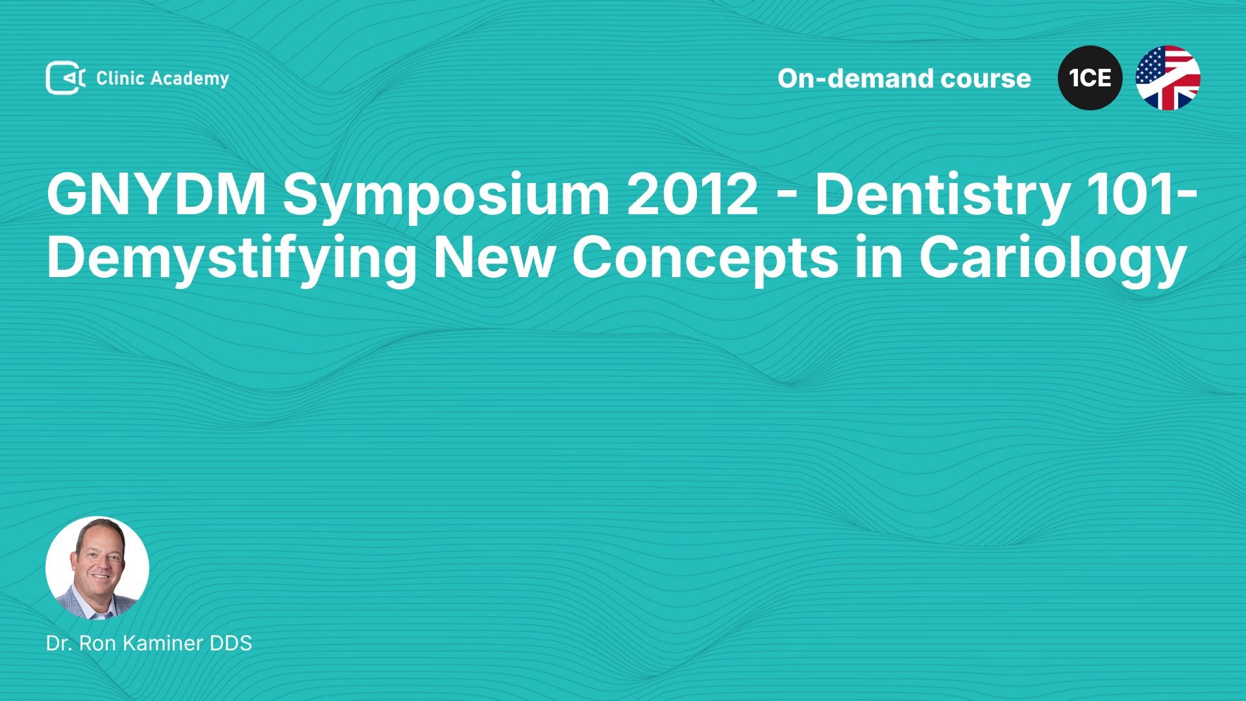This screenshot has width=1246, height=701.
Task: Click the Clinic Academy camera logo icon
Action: (x=66, y=78)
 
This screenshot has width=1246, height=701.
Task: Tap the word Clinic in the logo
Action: (x=120, y=78)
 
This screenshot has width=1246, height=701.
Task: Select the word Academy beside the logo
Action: (x=190, y=79)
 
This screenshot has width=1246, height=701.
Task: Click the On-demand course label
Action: (x=904, y=79)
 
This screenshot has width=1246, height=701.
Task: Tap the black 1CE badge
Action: (x=1090, y=78)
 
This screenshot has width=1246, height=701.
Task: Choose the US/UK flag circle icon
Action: (x=1168, y=78)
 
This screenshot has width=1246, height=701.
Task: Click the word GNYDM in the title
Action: (x=156, y=194)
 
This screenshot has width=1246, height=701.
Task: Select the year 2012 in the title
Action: (x=692, y=194)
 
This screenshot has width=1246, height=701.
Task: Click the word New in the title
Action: (x=495, y=258)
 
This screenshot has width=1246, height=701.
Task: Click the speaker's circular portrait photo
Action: (x=97, y=568)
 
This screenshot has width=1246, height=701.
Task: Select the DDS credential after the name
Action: (x=231, y=643)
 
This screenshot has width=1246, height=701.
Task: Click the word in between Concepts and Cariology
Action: (x=879, y=258)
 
